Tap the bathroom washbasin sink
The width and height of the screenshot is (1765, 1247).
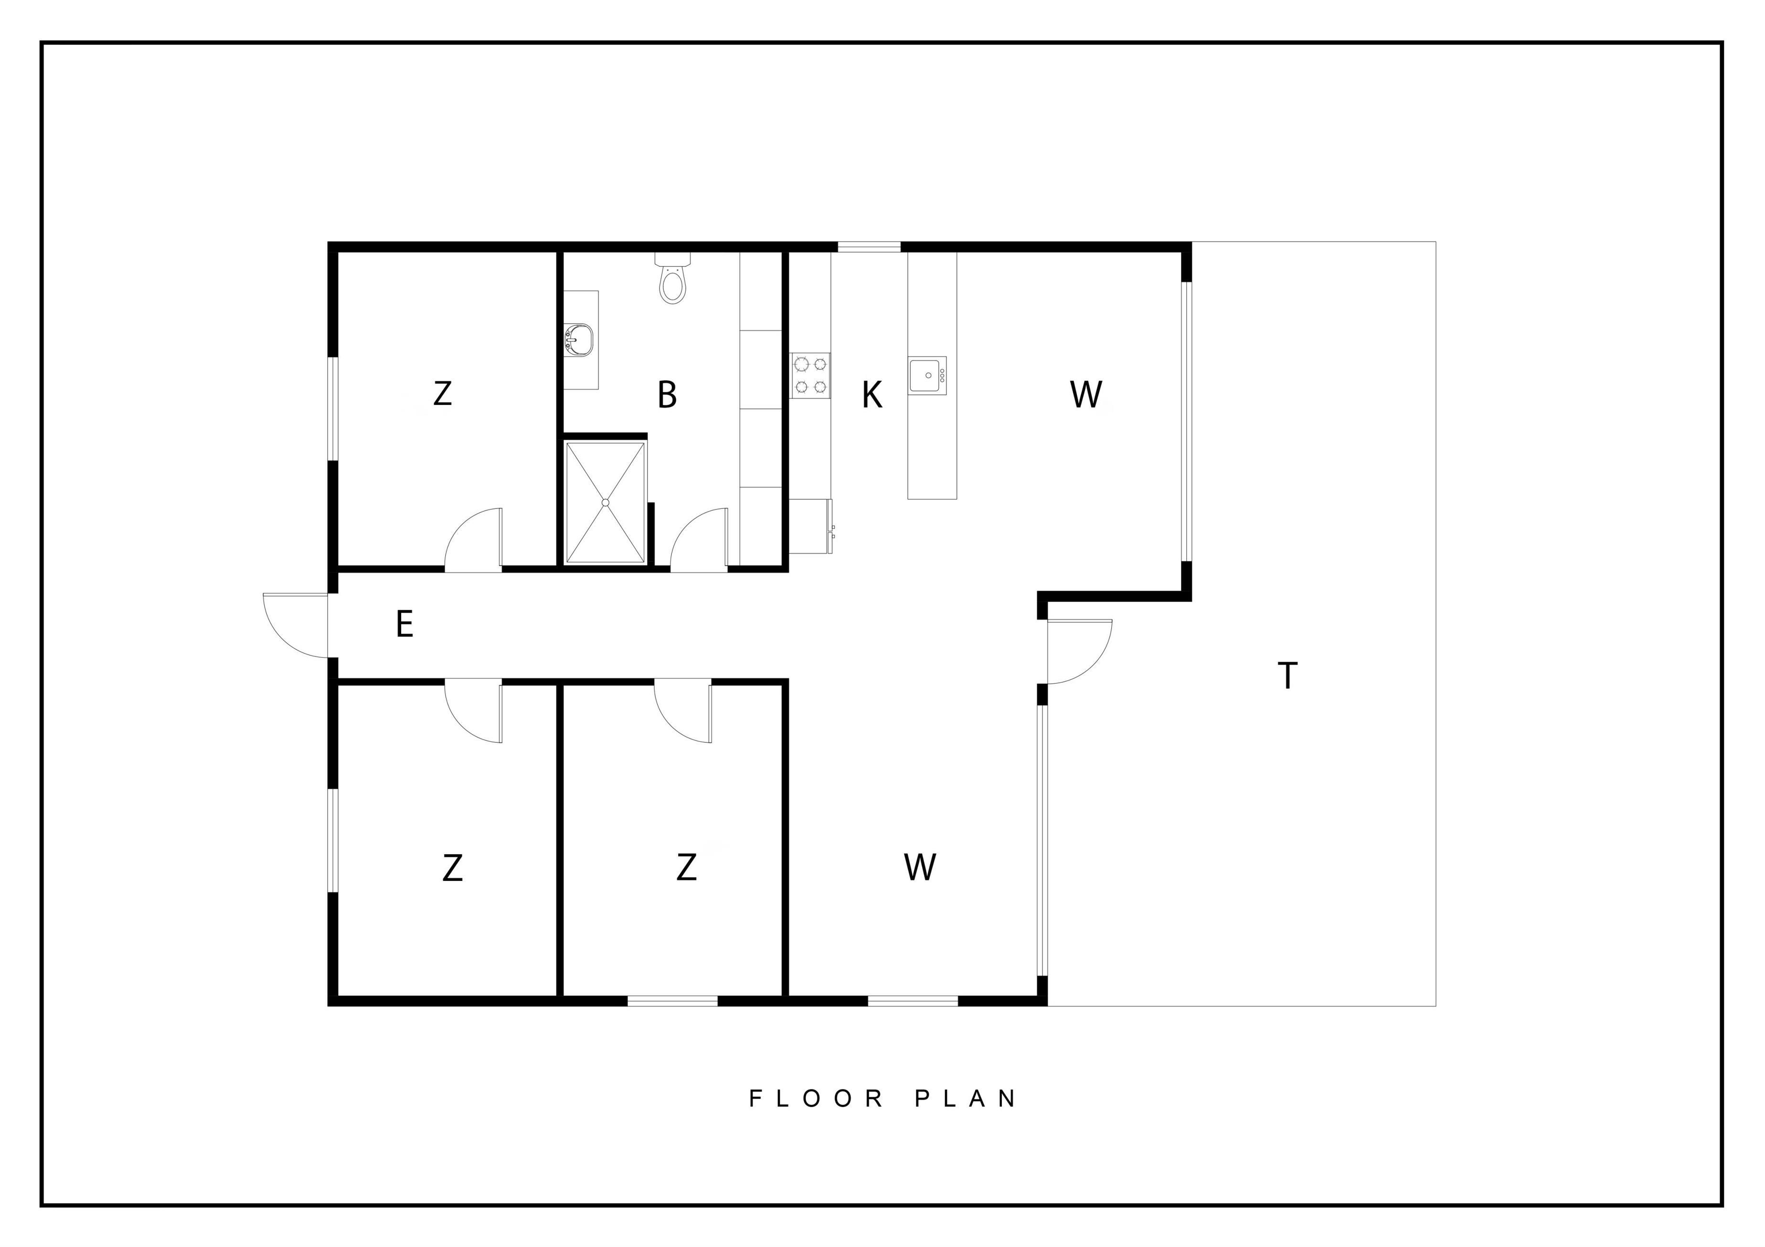click(x=579, y=339)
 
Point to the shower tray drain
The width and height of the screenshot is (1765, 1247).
click(x=605, y=503)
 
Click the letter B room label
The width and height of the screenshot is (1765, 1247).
click(x=667, y=394)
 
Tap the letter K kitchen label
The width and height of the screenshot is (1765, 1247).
click(x=872, y=395)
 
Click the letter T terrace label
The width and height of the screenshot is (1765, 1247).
click(x=1287, y=676)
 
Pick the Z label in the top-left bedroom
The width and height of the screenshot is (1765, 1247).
click(x=442, y=393)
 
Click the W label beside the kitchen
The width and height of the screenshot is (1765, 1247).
click(x=1086, y=394)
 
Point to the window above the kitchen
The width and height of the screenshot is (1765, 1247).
click(x=869, y=247)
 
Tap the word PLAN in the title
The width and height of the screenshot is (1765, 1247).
click(x=966, y=1099)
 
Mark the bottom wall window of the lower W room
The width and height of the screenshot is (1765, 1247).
click(x=913, y=1000)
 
